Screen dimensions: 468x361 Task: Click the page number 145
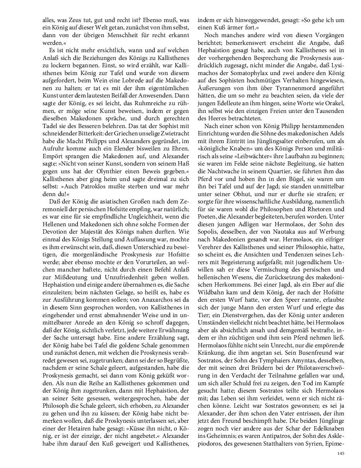pos(340,453)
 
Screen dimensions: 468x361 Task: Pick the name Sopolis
pos(209,231)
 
